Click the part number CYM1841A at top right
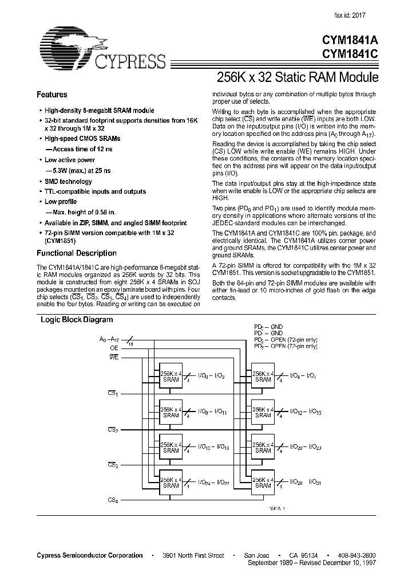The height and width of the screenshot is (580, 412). pyautogui.click(x=349, y=41)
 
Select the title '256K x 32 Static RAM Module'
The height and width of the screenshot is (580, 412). pyautogui.click(x=298, y=76)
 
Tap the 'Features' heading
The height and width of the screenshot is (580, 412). pyautogui.click(x=52, y=95)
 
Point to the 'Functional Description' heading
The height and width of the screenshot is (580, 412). pyautogui.click(x=77, y=253)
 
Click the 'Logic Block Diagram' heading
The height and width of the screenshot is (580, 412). pyautogui.click(x=76, y=320)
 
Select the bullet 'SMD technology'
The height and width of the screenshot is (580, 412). pyautogui.click(x=68, y=182)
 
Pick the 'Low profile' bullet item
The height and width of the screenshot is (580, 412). pyautogui.click(x=61, y=202)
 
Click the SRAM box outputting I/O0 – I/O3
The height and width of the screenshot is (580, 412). pyautogui.click(x=171, y=375)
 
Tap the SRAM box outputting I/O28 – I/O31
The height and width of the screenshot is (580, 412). pyautogui.click(x=263, y=482)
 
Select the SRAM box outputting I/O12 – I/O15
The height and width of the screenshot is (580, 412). pyautogui.click(x=263, y=412)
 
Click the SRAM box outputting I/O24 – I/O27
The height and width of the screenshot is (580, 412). pyautogui.click(x=171, y=482)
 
